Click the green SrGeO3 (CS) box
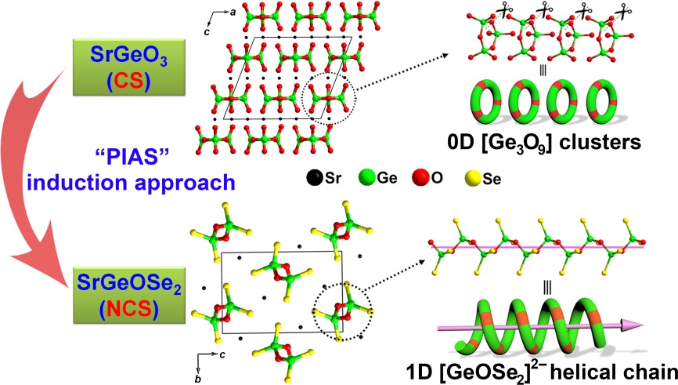(x=129, y=67)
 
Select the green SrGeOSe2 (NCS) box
(x=129, y=296)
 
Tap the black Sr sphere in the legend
(x=315, y=177)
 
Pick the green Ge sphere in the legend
(x=367, y=177)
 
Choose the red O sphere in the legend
(x=420, y=177)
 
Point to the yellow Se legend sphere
(x=473, y=178)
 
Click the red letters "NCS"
(x=129, y=309)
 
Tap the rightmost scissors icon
(x=623, y=11)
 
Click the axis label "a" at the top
(x=233, y=12)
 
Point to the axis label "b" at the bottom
(x=198, y=379)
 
